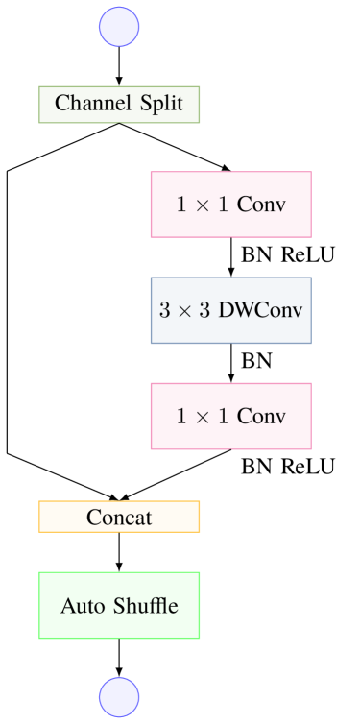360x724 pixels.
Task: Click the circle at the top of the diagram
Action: tap(119, 27)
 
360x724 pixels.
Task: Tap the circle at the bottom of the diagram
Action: tap(119, 696)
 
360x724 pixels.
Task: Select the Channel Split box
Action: tap(119, 105)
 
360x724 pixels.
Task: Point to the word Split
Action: tap(160, 104)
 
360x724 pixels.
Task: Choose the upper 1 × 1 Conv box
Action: tap(230, 205)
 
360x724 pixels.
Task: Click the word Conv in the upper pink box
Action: tap(261, 205)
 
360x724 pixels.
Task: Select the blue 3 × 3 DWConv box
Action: tap(230, 310)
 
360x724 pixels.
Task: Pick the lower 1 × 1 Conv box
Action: tap(230, 416)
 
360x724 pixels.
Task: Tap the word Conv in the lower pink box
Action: tap(261, 416)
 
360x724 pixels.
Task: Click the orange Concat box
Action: tap(119, 517)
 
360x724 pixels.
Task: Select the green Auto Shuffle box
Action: tap(119, 605)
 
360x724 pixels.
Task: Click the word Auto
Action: tap(81, 606)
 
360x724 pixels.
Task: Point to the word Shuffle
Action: tap(143, 606)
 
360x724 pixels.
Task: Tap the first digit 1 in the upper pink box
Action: tap(181, 205)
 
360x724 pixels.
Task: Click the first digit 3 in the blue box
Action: tap(164, 310)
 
